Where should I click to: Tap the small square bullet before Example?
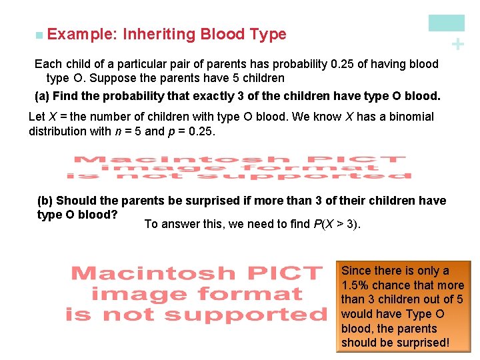pos(41,35)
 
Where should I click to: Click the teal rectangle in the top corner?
pos(446,23)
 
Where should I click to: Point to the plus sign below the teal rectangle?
pos(457,44)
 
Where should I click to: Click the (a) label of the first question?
pos(42,95)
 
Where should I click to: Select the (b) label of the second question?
pos(45,201)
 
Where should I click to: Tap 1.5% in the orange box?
pos(356,285)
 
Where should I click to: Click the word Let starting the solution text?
pos(37,117)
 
